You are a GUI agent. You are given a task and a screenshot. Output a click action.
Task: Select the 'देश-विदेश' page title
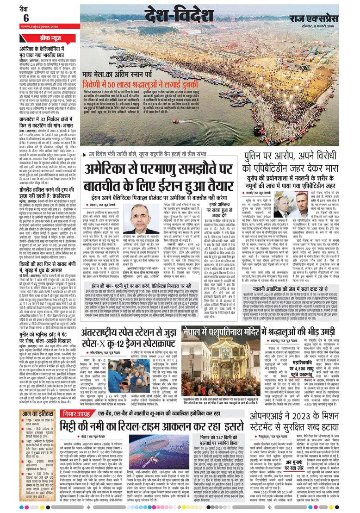[172, 15]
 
